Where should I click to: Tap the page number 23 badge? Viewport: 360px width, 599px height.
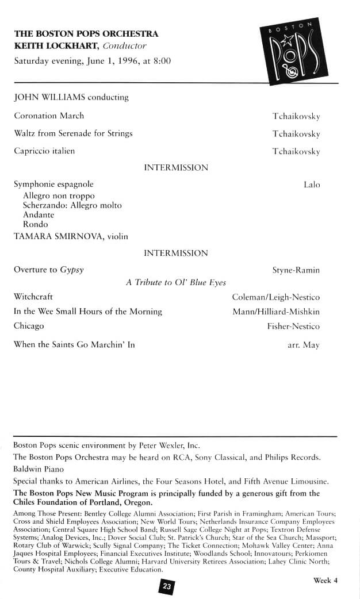(167, 586)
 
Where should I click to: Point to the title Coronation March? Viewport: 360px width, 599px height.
(49, 116)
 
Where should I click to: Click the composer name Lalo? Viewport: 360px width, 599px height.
(312, 185)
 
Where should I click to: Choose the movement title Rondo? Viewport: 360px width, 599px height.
(35, 224)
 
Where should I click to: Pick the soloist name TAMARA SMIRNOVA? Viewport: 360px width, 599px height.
(56, 236)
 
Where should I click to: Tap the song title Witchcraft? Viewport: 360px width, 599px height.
(33, 297)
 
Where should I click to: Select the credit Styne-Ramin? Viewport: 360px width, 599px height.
(296, 270)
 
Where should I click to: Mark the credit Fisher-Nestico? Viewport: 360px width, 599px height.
(293, 326)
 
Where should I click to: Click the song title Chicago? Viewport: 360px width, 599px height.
(29, 325)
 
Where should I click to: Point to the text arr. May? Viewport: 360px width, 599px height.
(304, 345)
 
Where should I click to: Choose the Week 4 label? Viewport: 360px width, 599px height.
(325, 580)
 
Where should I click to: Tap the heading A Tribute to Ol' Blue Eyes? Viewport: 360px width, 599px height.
(176, 282)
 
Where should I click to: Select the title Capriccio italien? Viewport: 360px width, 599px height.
(44, 151)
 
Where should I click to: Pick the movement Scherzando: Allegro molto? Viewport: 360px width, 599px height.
(72, 205)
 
